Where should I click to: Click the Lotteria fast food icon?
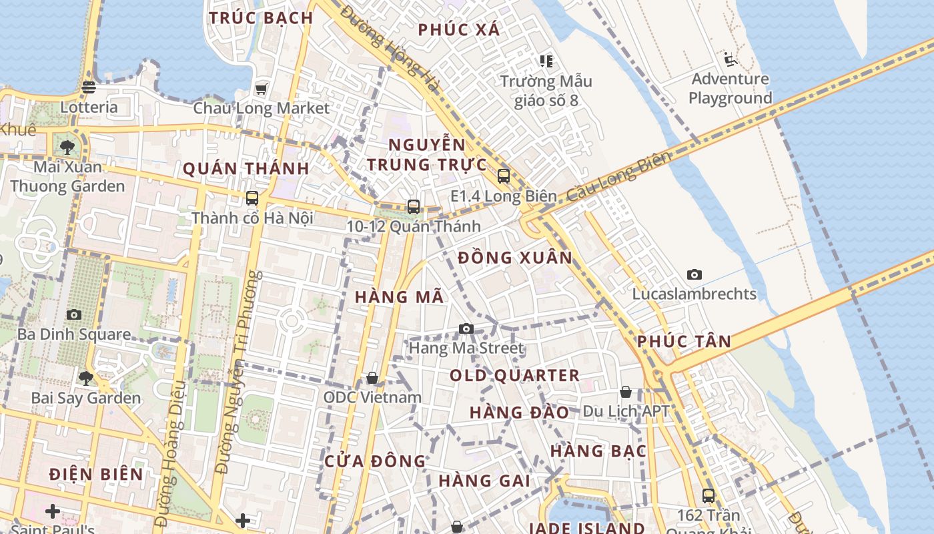tap(89, 87)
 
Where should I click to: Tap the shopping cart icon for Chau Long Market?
tap(261, 89)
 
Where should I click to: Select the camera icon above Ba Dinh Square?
tap(74, 314)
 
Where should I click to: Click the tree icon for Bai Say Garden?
tap(85, 378)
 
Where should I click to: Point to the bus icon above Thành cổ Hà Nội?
tap(252, 198)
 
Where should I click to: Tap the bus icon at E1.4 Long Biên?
tap(503, 176)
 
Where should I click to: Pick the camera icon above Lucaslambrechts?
tap(694, 274)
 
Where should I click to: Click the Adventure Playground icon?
tap(731, 60)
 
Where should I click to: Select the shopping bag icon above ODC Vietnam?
tap(372, 378)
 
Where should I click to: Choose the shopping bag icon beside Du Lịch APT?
tap(625, 392)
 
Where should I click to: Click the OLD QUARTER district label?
tap(514, 375)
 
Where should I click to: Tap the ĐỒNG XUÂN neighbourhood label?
tap(515, 258)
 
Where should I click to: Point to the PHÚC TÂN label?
tap(684, 341)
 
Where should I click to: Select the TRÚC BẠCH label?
tap(261, 18)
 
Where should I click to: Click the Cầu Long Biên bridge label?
tap(618, 178)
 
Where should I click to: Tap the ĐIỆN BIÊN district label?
tap(96, 475)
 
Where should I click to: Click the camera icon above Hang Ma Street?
tap(466, 328)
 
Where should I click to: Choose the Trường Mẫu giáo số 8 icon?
tap(546, 61)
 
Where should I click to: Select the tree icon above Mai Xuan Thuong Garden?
tap(67, 147)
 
